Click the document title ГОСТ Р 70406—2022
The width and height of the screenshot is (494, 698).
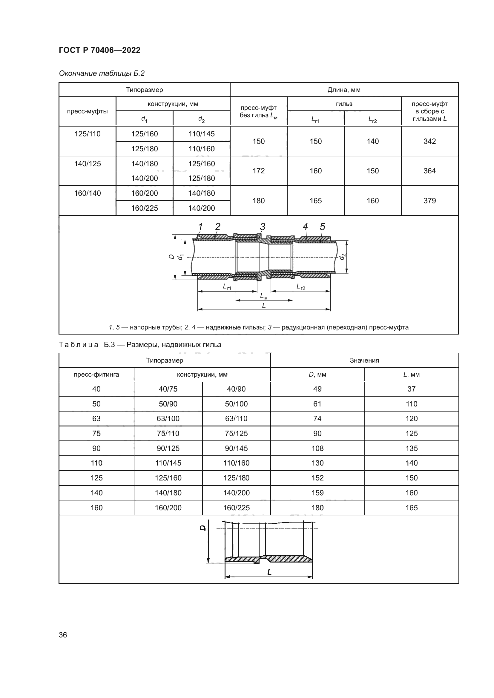click(99, 50)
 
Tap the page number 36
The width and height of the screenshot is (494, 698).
click(63, 635)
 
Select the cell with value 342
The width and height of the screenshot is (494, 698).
click(429, 141)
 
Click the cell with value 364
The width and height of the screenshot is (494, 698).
click(429, 171)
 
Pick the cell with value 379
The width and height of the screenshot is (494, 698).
click(429, 201)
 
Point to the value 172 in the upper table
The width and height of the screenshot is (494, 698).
click(259, 171)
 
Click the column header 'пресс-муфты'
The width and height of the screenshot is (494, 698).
click(87, 111)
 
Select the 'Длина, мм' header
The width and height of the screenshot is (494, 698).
click(344, 90)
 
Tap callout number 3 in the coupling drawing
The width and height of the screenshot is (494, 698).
click(263, 227)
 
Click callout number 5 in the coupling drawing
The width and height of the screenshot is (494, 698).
click(323, 227)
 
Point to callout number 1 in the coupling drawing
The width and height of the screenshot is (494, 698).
click(200, 227)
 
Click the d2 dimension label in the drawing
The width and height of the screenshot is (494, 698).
click(342, 257)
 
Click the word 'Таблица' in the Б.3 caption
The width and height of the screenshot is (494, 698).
click(79, 345)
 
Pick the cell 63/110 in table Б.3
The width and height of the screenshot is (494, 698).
click(236, 419)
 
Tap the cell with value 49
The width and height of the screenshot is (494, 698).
click(317, 389)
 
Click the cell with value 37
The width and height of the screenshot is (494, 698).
click(411, 389)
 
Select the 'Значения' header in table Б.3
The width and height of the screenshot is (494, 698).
click(364, 360)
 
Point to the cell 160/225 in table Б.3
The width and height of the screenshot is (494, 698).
click(236, 508)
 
